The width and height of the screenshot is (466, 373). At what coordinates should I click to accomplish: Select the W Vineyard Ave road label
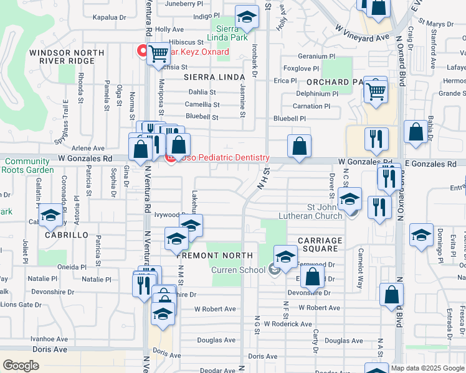(361, 33)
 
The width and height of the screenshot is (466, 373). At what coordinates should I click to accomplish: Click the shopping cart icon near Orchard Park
(376, 91)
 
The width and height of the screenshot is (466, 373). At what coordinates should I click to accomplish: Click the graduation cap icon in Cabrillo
(50, 218)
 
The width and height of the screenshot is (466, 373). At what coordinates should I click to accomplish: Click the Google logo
(21, 366)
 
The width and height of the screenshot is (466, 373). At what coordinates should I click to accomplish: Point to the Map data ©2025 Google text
(427, 368)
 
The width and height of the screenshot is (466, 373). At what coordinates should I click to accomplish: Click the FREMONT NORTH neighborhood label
(214, 256)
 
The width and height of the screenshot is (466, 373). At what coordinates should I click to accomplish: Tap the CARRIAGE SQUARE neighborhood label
(320, 245)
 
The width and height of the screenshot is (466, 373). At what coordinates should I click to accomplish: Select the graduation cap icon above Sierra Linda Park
(247, 19)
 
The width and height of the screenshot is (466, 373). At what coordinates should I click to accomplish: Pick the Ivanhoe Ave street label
(50, 339)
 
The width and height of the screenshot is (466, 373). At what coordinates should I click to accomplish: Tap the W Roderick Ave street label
(288, 324)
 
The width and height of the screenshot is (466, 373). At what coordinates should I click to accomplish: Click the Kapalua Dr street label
(110, 18)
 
